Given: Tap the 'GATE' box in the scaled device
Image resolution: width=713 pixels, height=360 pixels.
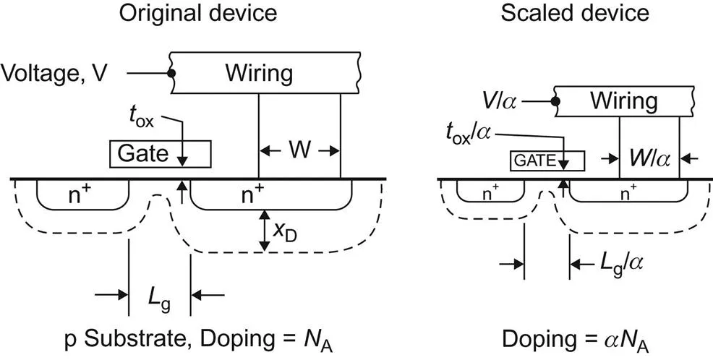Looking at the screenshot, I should point(536,160).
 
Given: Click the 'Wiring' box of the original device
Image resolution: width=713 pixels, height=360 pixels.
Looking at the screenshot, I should point(259,73).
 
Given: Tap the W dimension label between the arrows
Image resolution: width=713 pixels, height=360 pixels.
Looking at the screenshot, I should point(299,151).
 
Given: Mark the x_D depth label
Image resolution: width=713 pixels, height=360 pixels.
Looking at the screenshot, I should point(285,229).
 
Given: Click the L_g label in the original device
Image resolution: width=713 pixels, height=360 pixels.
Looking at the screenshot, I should point(160,296).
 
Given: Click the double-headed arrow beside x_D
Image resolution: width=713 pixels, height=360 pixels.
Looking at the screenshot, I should point(265,231).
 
